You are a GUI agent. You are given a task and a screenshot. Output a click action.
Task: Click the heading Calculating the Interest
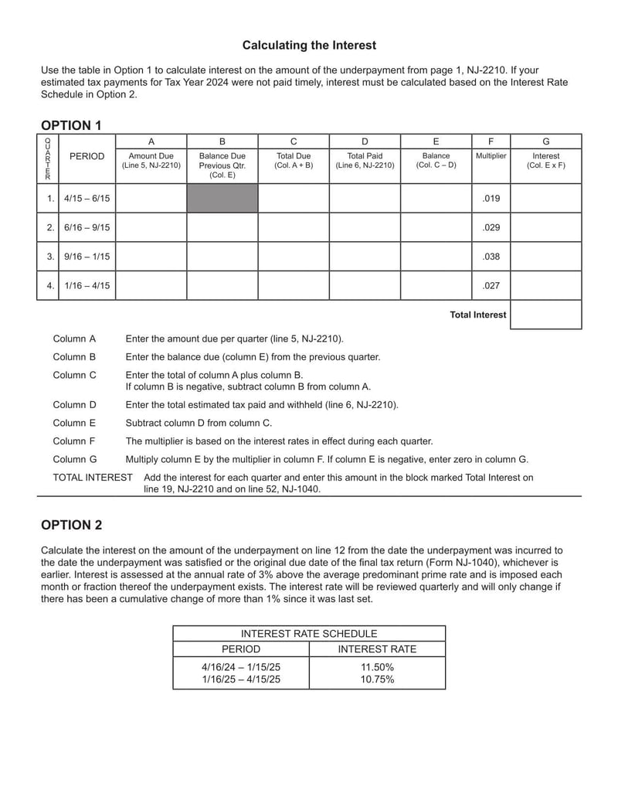point(309,46)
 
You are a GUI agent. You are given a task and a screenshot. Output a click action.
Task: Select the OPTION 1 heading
point(71,125)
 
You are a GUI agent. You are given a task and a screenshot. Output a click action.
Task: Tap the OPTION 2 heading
point(71,525)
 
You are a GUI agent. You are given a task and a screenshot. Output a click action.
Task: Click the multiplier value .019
point(491,199)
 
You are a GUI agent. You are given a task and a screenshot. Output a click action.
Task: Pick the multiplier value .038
point(491,257)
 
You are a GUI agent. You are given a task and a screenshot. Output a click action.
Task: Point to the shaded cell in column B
point(222,199)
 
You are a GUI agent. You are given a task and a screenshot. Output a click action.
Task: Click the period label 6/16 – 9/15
point(87,227)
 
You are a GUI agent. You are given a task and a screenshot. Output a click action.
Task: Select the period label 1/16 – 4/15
point(87,285)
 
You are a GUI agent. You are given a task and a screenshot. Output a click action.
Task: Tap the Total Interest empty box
point(545,315)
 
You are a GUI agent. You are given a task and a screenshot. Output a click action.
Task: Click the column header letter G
point(545,141)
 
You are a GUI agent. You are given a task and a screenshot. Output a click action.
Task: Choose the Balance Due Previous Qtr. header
point(222,165)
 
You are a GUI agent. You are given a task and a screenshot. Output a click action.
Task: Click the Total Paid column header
point(365,160)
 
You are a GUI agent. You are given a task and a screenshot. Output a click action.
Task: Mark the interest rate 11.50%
point(377,667)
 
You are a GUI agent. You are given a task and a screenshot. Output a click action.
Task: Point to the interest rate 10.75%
point(377,679)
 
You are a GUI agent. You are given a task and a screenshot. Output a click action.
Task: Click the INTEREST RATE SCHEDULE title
point(309,634)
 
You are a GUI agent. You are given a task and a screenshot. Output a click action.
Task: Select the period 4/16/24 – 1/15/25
point(241,667)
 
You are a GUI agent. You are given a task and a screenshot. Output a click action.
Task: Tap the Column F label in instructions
point(74,441)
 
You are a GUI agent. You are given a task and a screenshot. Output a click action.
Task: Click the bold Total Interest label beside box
point(478,315)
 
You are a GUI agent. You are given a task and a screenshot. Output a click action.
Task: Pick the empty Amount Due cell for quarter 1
point(151,199)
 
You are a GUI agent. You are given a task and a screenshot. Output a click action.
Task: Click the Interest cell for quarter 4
point(545,285)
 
